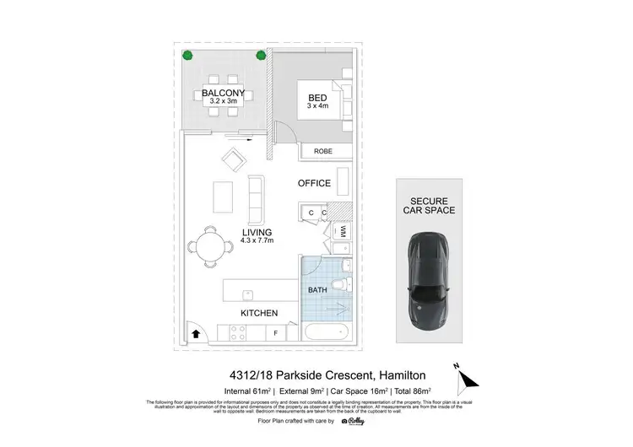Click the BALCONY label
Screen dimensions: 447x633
(224, 93)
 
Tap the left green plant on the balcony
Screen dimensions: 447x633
(188, 57)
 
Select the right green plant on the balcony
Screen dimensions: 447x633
(261, 57)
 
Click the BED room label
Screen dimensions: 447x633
(317, 98)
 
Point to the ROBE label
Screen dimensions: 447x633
(322, 152)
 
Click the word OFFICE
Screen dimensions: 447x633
(314, 183)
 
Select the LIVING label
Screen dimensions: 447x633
(257, 232)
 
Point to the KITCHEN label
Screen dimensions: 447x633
(259, 313)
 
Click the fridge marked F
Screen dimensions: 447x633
(275, 334)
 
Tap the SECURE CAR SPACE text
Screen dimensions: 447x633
(432, 206)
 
